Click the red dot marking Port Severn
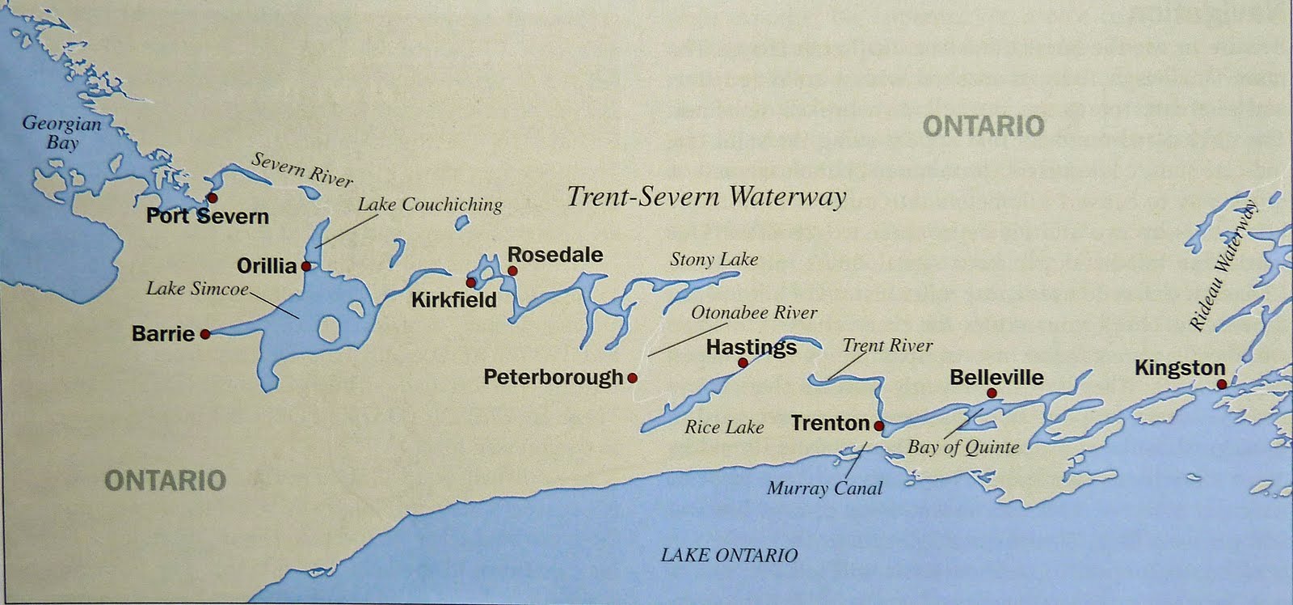point(213,197)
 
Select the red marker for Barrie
point(205,333)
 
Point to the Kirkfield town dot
point(471,281)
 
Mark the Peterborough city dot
point(632,377)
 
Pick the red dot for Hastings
point(743,363)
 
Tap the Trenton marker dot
point(879,425)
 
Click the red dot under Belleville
point(992,393)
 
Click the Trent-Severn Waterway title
point(706,197)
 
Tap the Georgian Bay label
point(61,133)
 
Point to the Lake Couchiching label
point(430,205)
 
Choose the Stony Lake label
point(714,259)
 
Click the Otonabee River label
point(754,312)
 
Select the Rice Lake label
point(724,427)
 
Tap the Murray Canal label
point(824,488)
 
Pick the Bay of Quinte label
point(963,446)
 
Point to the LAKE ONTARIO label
point(729,555)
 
